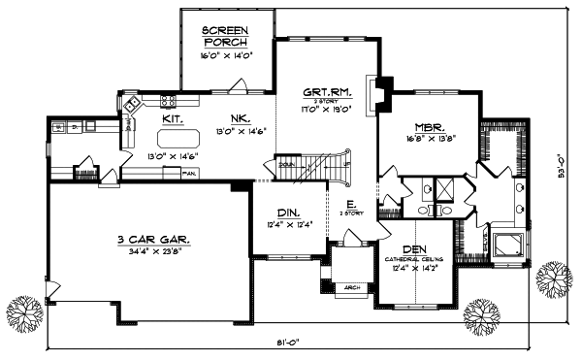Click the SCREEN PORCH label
click(224, 37)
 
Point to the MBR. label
click(429, 127)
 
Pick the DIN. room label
click(287, 213)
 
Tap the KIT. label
click(174, 118)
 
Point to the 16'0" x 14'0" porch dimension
click(224, 56)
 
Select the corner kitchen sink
click(127, 121)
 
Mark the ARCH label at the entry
click(350, 288)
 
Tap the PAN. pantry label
click(190, 174)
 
